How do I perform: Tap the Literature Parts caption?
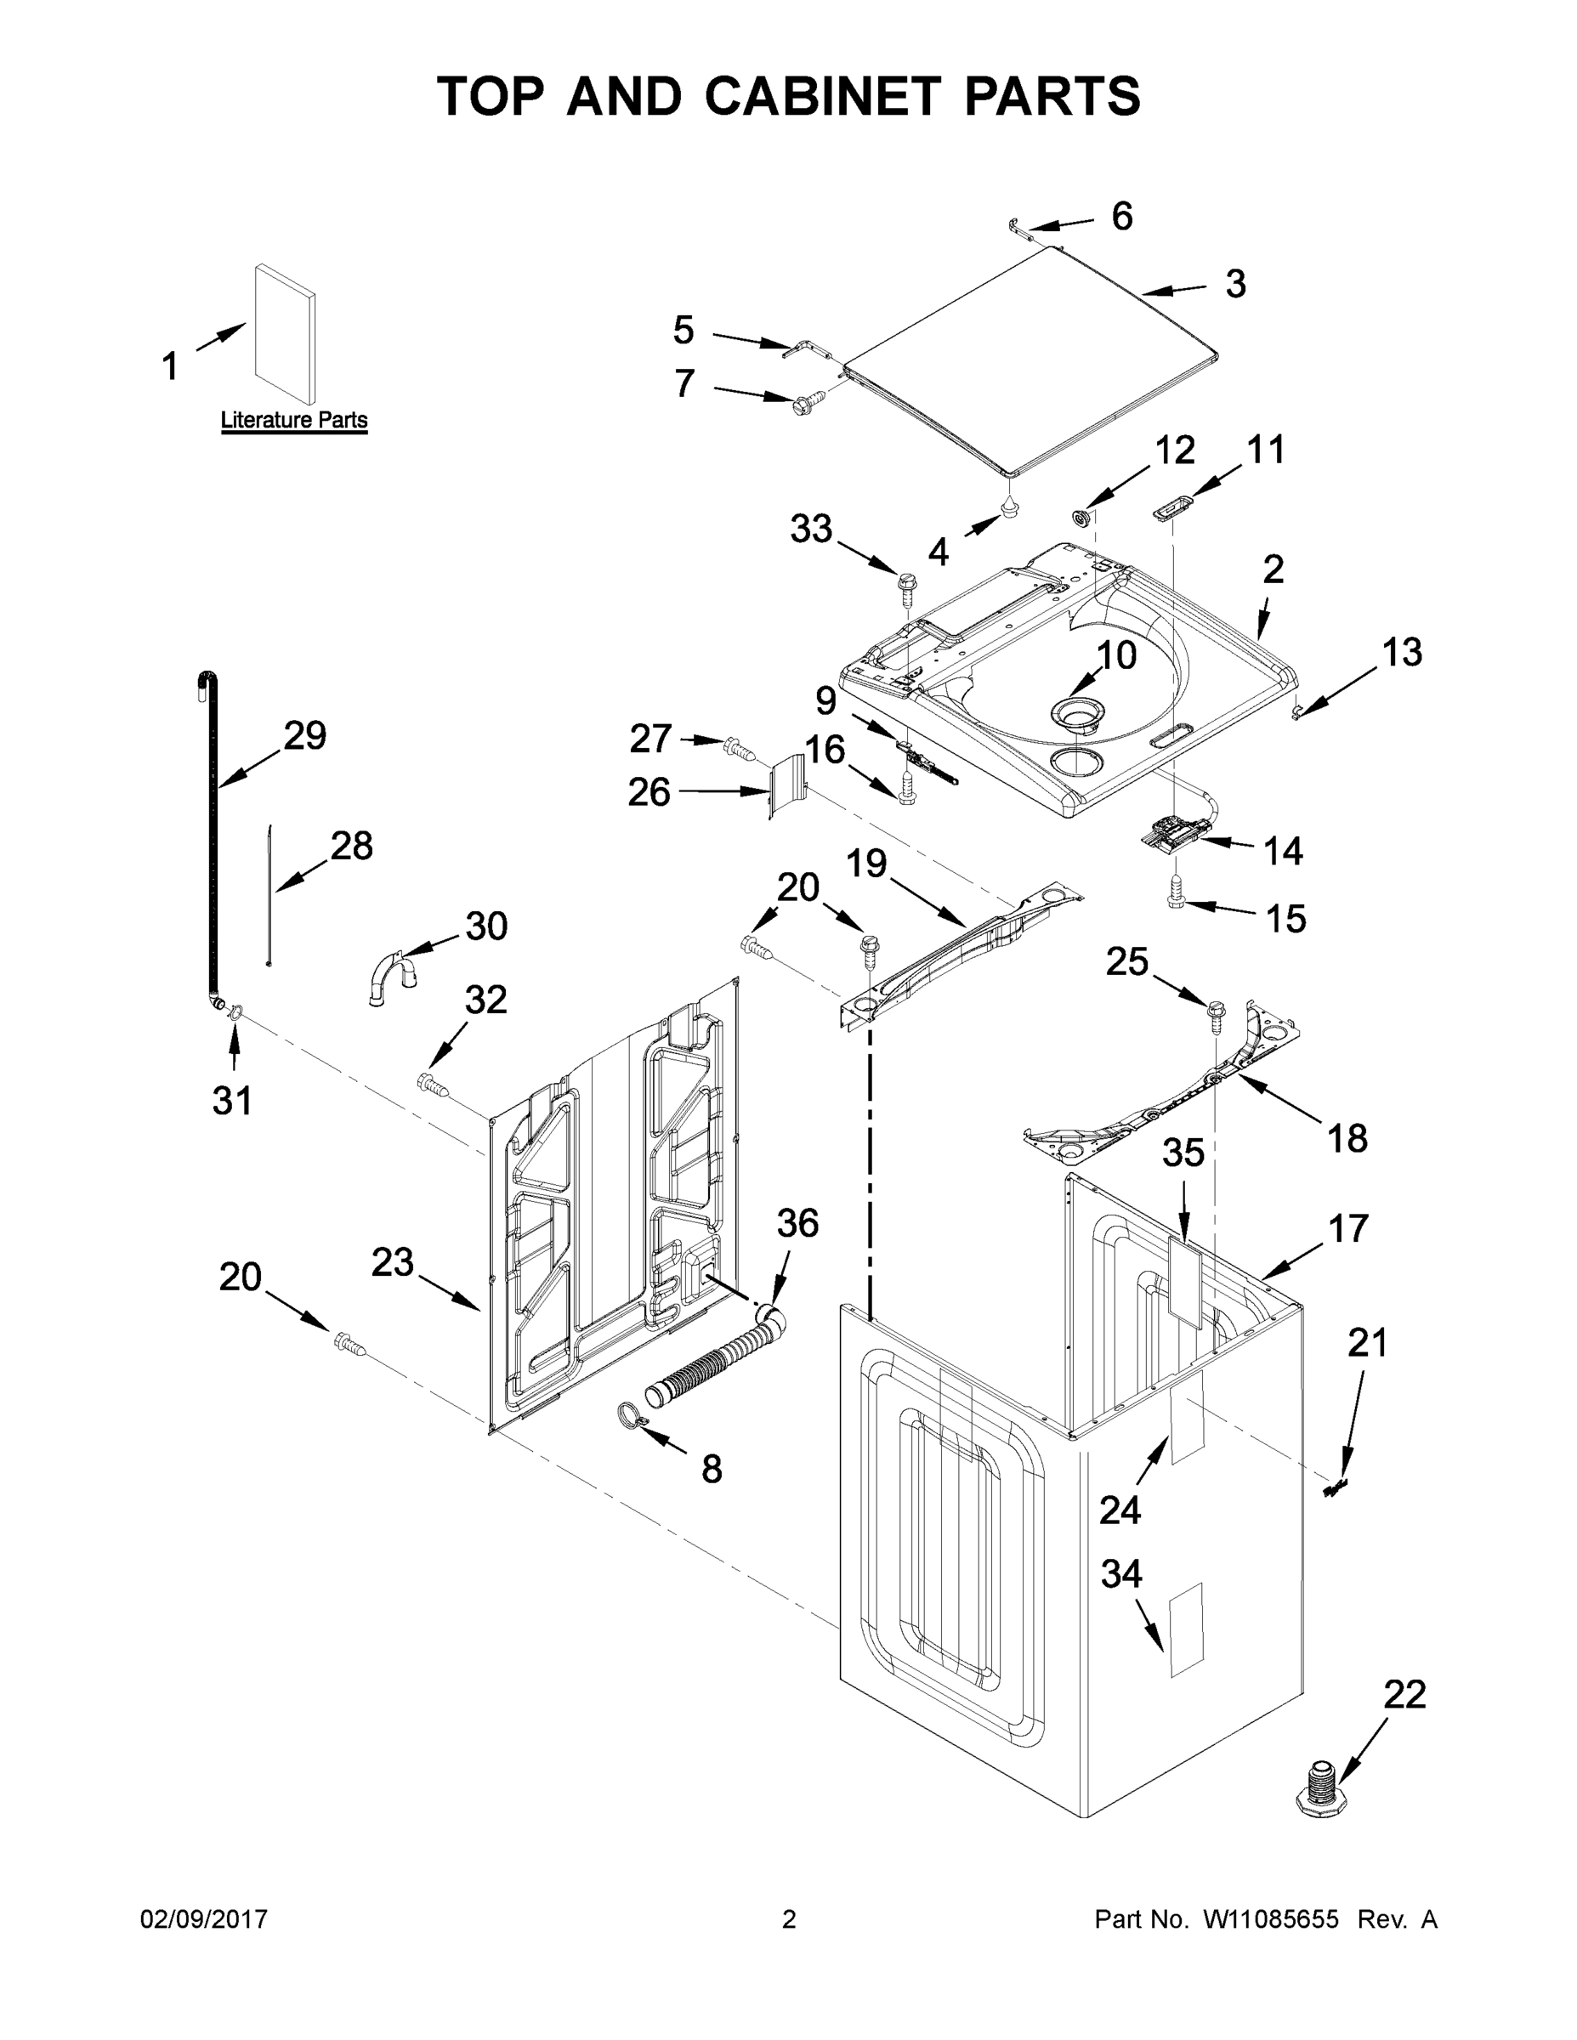point(293,421)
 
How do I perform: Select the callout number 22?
point(1404,1693)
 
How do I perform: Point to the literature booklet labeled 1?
point(285,333)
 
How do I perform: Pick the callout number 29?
point(304,736)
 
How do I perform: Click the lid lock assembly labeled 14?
point(1171,830)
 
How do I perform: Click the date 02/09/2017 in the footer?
point(204,1919)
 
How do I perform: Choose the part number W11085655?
point(1271,1919)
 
